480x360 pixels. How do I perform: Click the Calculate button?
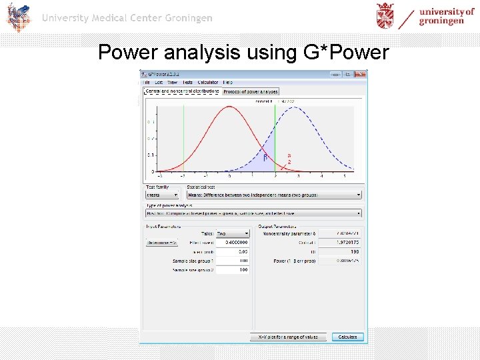pyautogui.click(x=347, y=337)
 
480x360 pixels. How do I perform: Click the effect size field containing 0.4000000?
pyautogui.click(x=233, y=243)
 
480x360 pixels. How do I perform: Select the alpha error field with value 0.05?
pyautogui.click(x=233, y=252)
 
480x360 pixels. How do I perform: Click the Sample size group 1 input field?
pyautogui.click(x=233, y=261)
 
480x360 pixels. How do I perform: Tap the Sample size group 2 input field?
pyautogui.click(x=233, y=270)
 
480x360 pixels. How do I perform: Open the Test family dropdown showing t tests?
pyautogui.click(x=163, y=195)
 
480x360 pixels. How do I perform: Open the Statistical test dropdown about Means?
pyautogui.click(x=274, y=195)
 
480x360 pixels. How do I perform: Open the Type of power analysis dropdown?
pyautogui.click(x=253, y=213)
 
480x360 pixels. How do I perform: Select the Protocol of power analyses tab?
pyautogui.click(x=251, y=91)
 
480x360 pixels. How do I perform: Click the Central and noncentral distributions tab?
pyautogui.click(x=182, y=91)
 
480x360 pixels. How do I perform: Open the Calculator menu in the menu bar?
pyautogui.click(x=207, y=82)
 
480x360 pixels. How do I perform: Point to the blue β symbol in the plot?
pyautogui.click(x=265, y=157)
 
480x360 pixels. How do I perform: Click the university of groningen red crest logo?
pyautogui.click(x=385, y=16)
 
